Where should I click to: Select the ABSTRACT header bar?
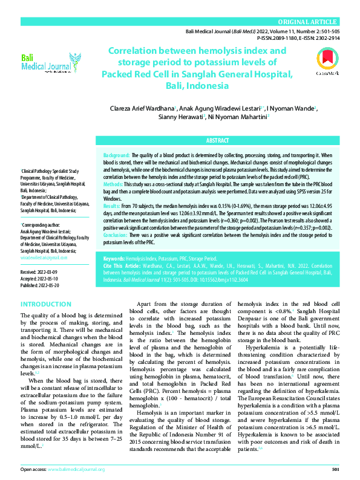coord(217,140)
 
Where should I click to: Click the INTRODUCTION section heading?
coord(46,303)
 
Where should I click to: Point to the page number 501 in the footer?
coord(335,469)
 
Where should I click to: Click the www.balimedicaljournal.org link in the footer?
coord(75,469)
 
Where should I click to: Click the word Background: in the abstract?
coord(117,155)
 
